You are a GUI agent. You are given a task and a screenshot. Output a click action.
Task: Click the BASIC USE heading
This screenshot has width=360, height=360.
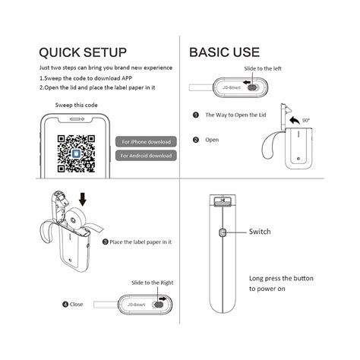(x=224, y=52)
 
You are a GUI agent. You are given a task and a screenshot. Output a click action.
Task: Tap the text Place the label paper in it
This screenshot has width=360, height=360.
(x=141, y=242)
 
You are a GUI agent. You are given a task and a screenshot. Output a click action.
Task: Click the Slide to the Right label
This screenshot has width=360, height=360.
(x=152, y=282)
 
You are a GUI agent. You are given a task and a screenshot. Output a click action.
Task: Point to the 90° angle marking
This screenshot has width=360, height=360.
(x=306, y=120)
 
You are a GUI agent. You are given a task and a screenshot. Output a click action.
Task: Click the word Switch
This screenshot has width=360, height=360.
(x=260, y=232)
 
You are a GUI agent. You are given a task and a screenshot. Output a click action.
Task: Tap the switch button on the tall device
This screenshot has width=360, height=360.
(x=223, y=232)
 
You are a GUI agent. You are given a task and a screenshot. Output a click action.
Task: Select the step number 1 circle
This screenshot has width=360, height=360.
(x=195, y=115)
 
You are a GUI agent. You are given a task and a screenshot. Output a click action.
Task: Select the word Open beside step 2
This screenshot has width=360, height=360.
(x=212, y=140)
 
